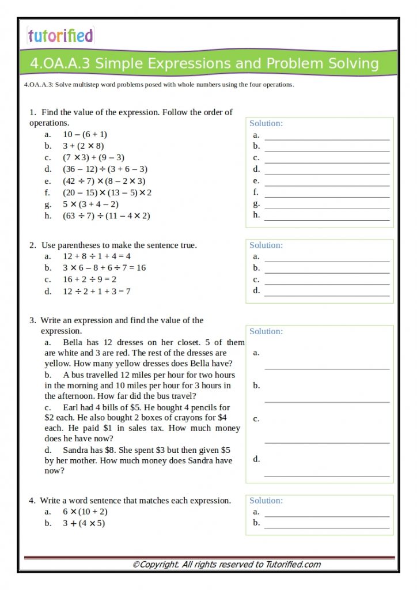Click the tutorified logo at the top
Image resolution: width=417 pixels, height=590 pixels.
pos(60,36)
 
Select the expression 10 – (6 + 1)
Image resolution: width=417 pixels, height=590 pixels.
pos(85,134)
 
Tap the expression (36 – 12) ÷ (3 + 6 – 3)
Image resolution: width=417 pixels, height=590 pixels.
pos(105,169)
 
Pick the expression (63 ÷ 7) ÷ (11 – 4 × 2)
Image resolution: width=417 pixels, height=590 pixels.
pos(107,215)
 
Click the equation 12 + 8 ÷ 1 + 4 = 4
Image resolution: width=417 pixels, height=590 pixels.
pos(97,256)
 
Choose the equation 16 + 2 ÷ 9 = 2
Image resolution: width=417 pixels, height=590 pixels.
pos(90,279)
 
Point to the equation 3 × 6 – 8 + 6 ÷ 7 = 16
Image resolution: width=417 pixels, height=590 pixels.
pos(104,267)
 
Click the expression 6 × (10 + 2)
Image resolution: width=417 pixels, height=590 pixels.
pos(85,512)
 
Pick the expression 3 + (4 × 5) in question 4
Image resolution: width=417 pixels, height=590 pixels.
pos(84,523)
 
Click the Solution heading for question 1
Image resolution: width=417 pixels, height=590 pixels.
pos(266,123)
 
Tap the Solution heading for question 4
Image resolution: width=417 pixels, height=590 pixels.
pos(266,500)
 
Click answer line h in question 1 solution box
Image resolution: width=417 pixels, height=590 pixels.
pos(327,219)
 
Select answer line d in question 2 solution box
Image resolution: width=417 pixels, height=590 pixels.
pos(327,294)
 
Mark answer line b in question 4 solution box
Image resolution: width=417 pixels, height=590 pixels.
pos(327,527)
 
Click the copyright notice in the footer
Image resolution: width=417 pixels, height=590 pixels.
pos(226,565)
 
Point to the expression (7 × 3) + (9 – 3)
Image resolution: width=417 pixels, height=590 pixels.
pos(94,157)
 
